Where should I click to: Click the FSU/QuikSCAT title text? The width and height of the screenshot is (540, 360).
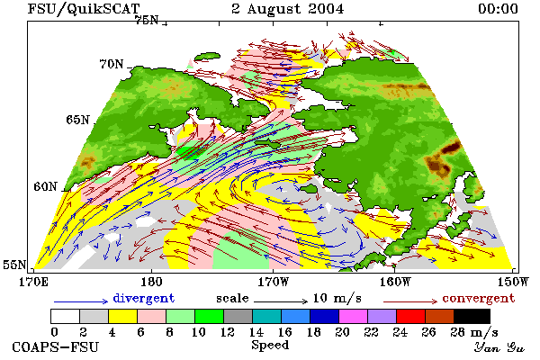pos(84,9)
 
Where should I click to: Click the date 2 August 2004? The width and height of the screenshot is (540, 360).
pos(288,9)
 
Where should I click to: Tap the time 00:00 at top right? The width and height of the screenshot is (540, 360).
pos(498,9)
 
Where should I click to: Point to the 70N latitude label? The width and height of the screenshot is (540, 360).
pos(112,64)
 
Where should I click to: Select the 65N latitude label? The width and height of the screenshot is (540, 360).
pos(77,120)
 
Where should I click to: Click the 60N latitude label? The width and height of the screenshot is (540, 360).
pos(45,186)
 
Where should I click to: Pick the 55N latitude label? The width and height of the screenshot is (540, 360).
pos(14,265)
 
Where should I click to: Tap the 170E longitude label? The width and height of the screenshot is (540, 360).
pos(33,282)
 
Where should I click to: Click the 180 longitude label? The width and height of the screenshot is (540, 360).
pos(151,282)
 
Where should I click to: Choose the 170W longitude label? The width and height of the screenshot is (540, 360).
pos(274,282)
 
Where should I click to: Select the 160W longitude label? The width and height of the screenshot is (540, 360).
pos(395,282)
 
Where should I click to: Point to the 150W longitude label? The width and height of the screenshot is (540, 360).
pos(513,282)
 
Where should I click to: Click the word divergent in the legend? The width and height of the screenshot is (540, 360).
pos(144,298)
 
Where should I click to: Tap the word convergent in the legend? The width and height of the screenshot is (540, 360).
pos(479,298)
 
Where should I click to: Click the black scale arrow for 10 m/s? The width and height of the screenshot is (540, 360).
pos(281,301)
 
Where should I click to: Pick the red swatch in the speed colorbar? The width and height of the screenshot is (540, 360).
pos(410,316)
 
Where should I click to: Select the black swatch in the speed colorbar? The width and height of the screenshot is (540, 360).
pos(472,316)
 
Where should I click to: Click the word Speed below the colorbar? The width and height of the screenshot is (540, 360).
pos(270,345)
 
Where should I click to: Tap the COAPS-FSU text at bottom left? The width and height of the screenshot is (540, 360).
pos(55,346)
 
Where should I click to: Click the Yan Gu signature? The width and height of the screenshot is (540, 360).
pos(499,347)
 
